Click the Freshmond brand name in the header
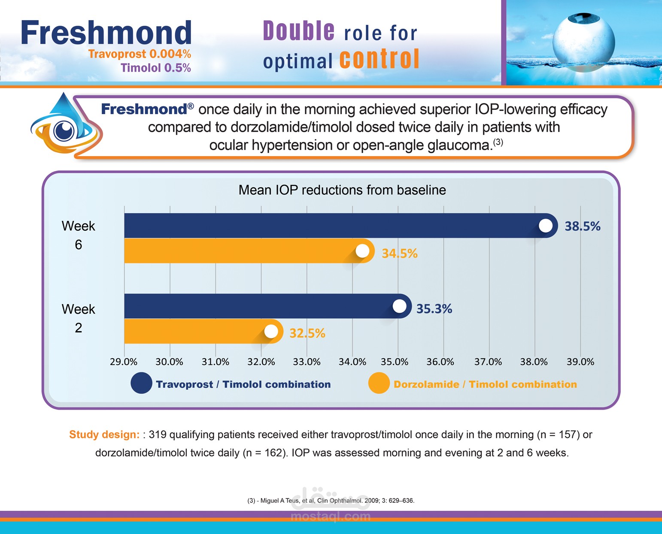(106, 33)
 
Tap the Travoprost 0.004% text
(140, 54)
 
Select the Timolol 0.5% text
(155, 68)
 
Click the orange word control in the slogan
(380, 59)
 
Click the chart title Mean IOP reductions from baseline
(342, 190)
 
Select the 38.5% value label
(582, 226)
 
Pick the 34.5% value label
(399, 253)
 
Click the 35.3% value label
(434, 309)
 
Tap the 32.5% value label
(307, 333)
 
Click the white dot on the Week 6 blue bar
(546, 226)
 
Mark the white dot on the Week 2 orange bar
(271, 332)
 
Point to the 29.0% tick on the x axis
(124, 362)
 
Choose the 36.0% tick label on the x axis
(440, 362)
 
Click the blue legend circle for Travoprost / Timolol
(141, 383)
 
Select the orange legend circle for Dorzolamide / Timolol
(379, 383)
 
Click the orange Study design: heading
(104, 434)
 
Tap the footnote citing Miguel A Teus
(331, 501)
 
